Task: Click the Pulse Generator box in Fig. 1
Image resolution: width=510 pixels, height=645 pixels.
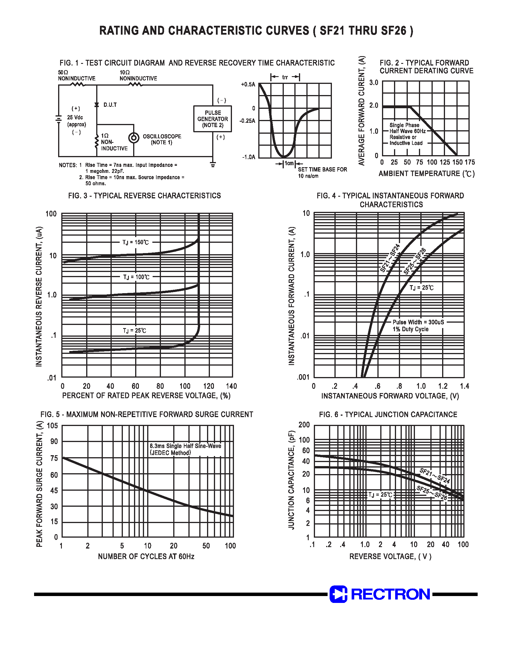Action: click(x=212, y=119)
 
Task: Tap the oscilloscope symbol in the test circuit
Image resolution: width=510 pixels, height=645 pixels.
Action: click(x=134, y=138)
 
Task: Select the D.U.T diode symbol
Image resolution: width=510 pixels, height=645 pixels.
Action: click(x=97, y=105)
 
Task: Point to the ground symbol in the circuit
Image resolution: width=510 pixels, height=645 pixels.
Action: click(x=212, y=164)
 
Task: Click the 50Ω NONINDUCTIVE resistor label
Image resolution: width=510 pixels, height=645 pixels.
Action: click(x=76, y=76)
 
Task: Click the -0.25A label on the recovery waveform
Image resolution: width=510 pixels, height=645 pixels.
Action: click(x=247, y=121)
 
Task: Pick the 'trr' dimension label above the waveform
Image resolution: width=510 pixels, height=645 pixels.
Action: click(x=285, y=77)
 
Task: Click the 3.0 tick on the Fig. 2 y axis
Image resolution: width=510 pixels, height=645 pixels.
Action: click(x=373, y=83)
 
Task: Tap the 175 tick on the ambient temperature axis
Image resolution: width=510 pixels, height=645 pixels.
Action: click(x=470, y=162)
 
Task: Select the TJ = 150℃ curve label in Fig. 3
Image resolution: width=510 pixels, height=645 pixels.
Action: click(x=135, y=242)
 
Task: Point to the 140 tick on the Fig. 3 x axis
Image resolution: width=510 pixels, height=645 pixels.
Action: click(x=231, y=386)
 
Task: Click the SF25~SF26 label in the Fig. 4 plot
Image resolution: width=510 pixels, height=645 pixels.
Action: click(x=414, y=261)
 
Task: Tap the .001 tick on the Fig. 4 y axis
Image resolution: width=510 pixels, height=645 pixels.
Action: click(x=303, y=377)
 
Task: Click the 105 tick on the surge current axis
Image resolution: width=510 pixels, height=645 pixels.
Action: click(x=52, y=426)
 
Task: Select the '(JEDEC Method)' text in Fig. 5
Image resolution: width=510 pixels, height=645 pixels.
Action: click(x=170, y=453)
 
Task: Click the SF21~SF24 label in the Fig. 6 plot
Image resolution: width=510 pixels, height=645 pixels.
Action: click(x=434, y=476)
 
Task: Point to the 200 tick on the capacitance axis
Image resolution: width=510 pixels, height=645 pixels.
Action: click(x=304, y=425)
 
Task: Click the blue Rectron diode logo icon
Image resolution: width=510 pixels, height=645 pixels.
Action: click(x=338, y=594)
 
